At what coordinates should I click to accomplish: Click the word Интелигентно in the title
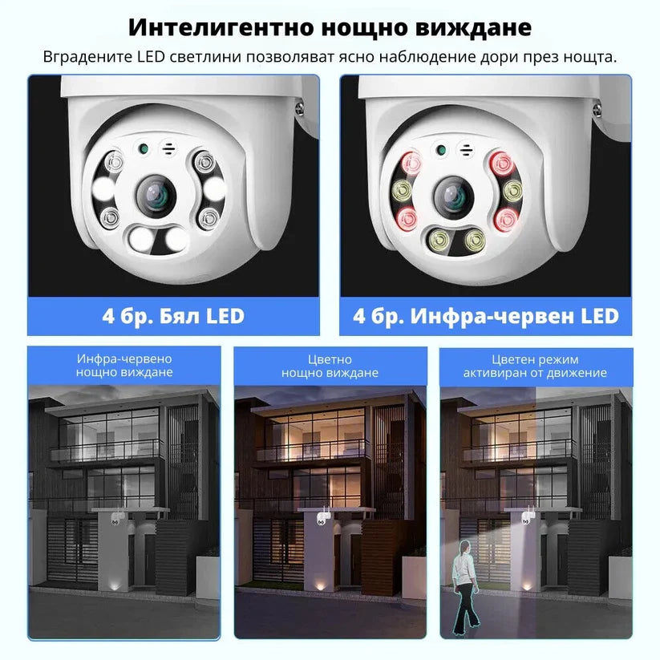coord(221,27)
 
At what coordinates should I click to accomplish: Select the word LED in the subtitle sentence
coord(151,57)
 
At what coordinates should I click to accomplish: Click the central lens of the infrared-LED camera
coord(454,196)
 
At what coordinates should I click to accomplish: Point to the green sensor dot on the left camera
coord(144,148)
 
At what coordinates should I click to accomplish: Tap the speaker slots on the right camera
coord(467,150)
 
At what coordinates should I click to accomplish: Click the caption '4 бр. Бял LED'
coord(173,316)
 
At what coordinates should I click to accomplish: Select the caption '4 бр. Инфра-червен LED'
coord(485,316)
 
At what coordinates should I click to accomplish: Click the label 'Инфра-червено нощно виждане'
coord(124,366)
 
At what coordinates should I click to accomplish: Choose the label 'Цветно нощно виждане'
coord(330,366)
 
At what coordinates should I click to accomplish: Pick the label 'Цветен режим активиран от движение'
coord(535,366)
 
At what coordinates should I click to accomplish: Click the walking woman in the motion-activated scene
coord(464,587)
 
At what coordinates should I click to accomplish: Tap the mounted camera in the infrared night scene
coord(117,518)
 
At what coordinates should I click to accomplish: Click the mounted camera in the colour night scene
coord(323,518)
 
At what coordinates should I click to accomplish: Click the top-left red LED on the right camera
coord(411,163)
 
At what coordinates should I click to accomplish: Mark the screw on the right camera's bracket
coord(597,109)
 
